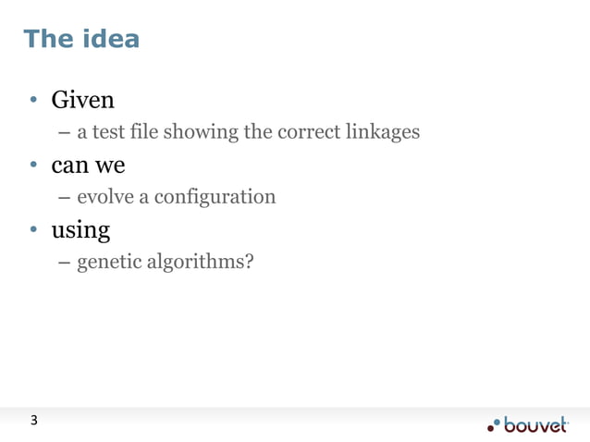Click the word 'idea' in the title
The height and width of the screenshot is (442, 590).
tap(110, 39)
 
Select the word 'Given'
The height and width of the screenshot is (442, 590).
tap(82, 99)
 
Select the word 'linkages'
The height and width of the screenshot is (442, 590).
tap(383, 132)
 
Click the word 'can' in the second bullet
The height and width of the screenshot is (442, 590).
tap(68, 166)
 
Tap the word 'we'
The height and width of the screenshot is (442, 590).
tap(109, 166)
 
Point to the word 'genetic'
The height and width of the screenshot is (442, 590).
tap(109, 264)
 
